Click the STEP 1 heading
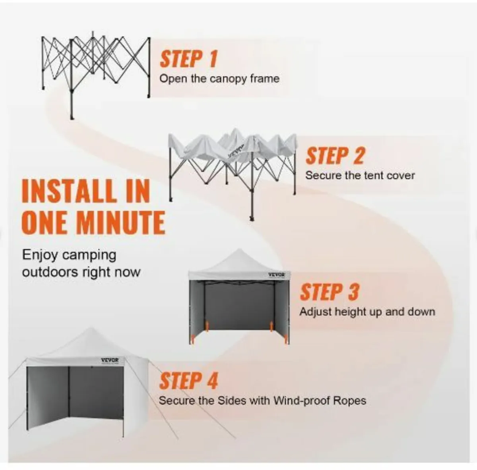(189, 59)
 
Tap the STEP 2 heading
(335, 156)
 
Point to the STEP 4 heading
(189, 381)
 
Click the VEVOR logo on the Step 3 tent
(277, 275)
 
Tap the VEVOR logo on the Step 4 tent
(110, 360)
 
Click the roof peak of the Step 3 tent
(238, 249)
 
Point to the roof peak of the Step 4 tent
(91, 329)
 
